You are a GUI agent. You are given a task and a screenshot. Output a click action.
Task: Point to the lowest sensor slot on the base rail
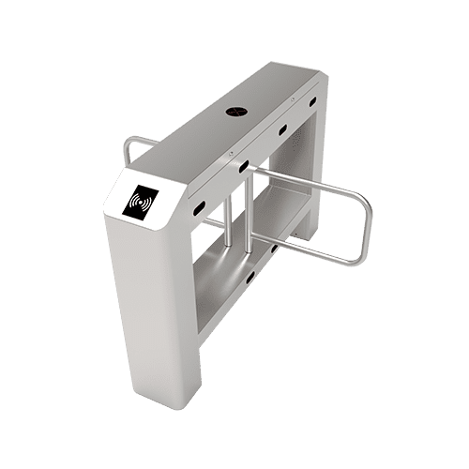coord(249,274)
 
